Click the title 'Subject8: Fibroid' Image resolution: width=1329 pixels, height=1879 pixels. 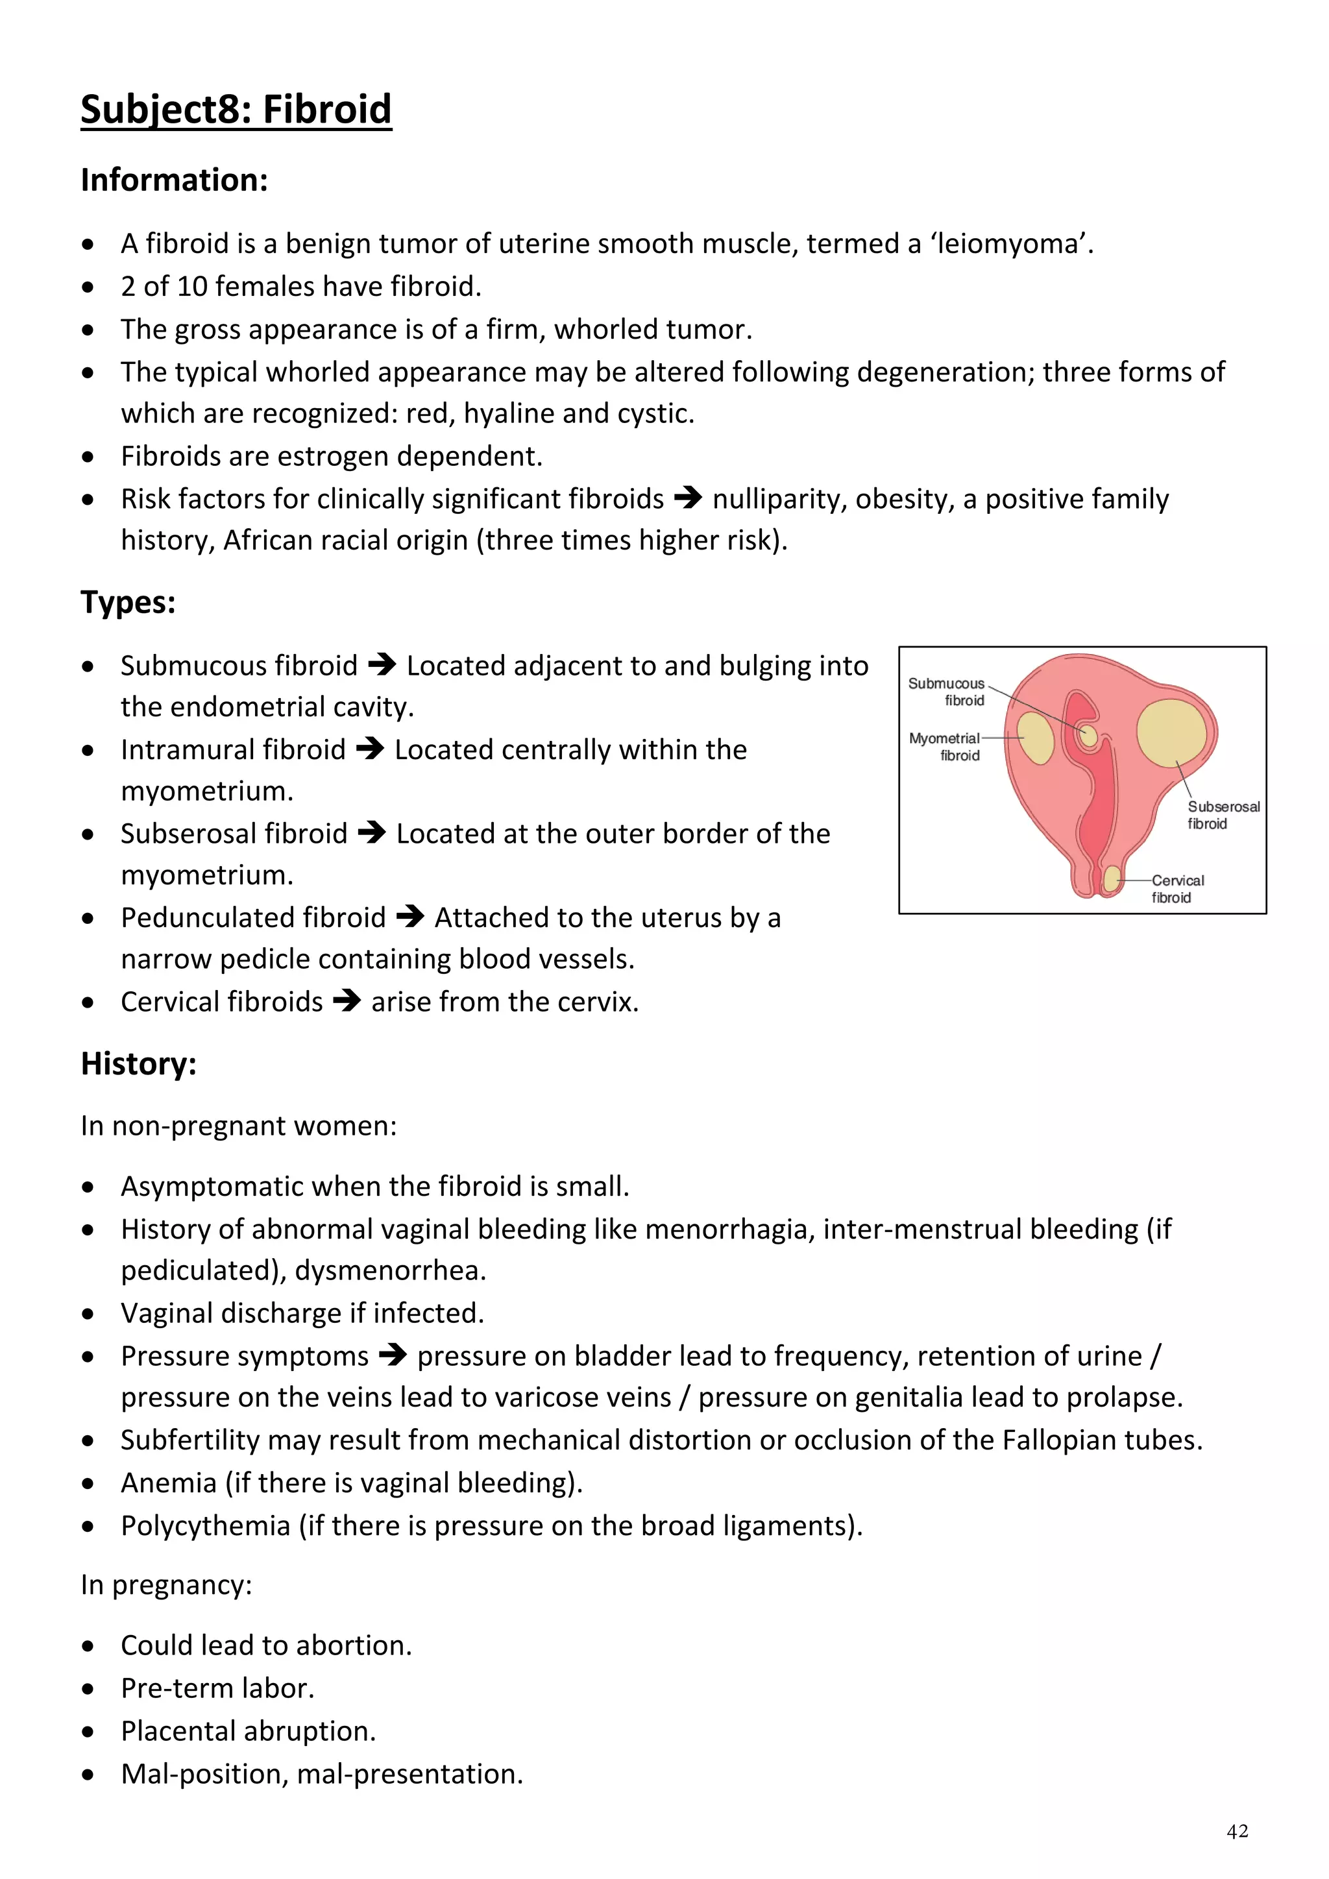pyautogui.click(x=236, y=109)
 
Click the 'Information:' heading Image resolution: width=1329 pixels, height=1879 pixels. pyautogui.click(x=175, y=180)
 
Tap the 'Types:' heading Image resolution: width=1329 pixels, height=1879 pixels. pyautogui.click(x=128, y=602)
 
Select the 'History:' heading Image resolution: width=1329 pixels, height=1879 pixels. pyautogui.click(x=138, y=1064)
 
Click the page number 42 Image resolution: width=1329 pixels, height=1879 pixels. pyautogui.click(x=1238, y=1831)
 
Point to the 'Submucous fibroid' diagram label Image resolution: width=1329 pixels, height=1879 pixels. pyautogui.click(x=947, y=692)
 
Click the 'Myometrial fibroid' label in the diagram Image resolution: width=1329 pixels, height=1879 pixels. pyautogui.click(x=945, y=746)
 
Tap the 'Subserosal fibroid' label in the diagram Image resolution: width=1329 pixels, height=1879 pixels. pyautogui.click(x=1223, y=815)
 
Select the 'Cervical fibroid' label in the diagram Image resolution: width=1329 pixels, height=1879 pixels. pyautogui.click(x=1177, y=889)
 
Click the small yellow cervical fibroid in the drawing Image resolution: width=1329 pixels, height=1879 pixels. pyautogui.click(x=1110, y=880)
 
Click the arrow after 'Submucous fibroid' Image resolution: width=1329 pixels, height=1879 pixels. pyautogui.click(x=382, y=664)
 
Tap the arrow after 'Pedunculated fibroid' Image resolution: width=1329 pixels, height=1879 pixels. pyautogui.click(x=409, y=917)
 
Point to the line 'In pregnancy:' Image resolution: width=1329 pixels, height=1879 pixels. pyautogui.click(x=166, y=1585)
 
